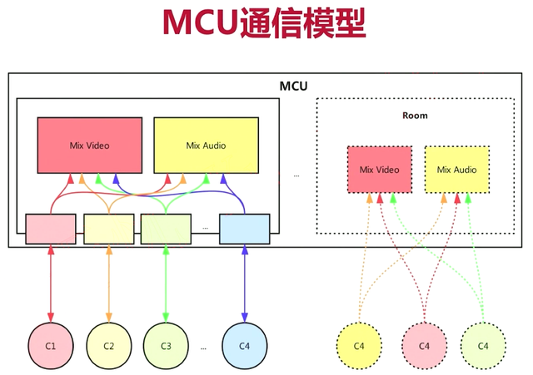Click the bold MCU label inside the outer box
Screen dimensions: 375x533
coord(294,86)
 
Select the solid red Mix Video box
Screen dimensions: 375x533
coord(89,146)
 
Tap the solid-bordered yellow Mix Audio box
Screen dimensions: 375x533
coord(206,146)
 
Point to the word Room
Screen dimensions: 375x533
coord(414,116)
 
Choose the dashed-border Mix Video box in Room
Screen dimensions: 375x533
coord(379,170)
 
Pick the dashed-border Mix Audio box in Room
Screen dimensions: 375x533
coord(456,170)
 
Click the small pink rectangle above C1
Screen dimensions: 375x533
coord(51,229)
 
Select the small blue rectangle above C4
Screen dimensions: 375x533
coord(244,229)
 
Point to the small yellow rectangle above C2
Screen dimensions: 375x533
coord(108,229)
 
